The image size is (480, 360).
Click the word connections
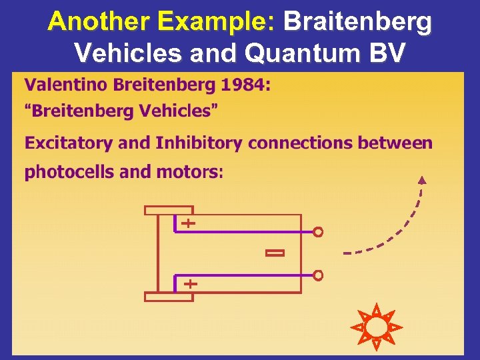point(299,143)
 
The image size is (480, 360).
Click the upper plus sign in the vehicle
point(189,223)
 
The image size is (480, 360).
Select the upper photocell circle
point(318,232)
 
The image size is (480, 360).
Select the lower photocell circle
point(318,275)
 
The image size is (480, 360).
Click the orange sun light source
point(377,327)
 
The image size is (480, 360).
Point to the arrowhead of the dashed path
point(421,179)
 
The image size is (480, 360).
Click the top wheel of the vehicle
point(168,210)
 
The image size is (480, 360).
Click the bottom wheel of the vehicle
point(168,297)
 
